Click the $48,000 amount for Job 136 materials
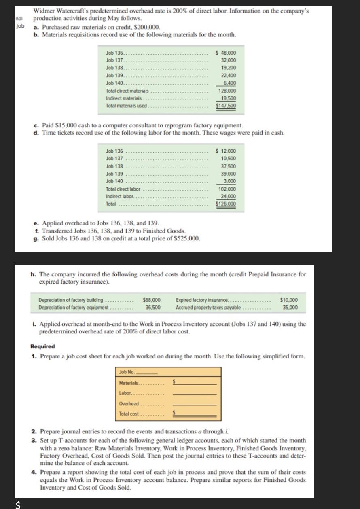click(227, 53)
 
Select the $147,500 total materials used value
click(226, 106)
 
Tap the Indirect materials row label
click(124, 98)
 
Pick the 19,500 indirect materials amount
click(229, 98)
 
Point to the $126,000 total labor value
click(226, 204)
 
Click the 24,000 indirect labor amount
click(229, 196)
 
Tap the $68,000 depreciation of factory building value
click(152, 300)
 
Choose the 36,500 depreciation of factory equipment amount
click(153, 308)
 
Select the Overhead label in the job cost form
click(129, 404)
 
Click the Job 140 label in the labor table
click(114, 181)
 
